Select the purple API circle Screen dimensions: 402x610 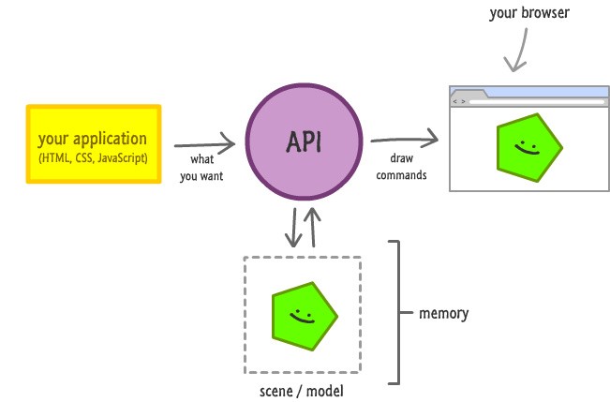point(304,142)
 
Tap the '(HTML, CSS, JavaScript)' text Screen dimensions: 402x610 point(93,159)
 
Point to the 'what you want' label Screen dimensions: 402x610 point(201,167)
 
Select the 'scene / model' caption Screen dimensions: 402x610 point(300,390)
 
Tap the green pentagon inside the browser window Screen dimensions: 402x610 point(528,147)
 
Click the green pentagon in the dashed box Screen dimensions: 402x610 point(303,315)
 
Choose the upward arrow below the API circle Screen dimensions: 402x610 point(314,227)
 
